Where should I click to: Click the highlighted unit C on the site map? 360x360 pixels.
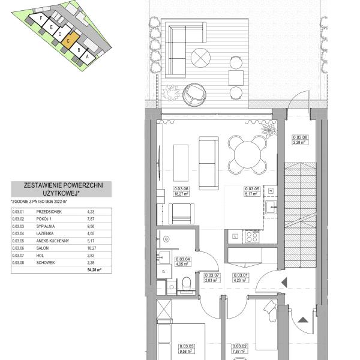70,42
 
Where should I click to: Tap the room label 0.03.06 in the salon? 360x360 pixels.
165,189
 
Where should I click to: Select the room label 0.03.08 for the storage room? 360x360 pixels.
299,137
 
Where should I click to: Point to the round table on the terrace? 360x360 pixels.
200,58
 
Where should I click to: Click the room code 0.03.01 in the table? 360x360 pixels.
18,211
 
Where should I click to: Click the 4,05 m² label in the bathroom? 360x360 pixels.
166,263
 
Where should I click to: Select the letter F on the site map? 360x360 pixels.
40,19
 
